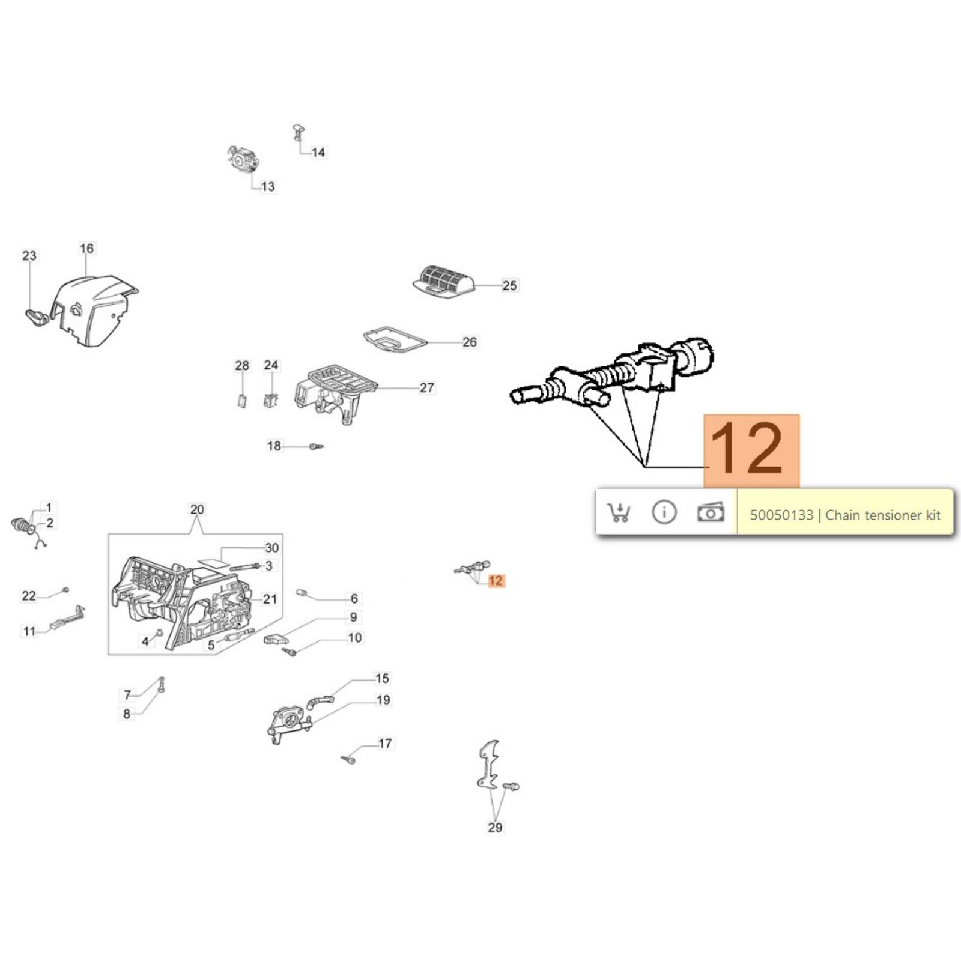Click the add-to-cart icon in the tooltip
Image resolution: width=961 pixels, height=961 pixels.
coord(619,512)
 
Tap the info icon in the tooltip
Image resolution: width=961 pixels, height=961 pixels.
coord(664,512)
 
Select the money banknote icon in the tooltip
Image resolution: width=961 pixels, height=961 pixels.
coord(710,512)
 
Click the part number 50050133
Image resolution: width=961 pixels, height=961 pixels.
coord(781,515)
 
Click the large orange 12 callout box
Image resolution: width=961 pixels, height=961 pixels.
coord(751,450)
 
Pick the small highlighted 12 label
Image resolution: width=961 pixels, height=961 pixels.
coord(496,581)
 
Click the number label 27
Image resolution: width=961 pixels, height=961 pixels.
coord(427,388)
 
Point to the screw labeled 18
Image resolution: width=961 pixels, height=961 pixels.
coord(316,446)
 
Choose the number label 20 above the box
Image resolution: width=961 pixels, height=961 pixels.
coord(197,509)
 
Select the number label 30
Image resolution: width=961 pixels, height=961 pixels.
coord(272,548)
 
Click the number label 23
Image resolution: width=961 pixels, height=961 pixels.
coord(29,256)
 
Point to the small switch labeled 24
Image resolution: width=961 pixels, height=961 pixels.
coord(271,399)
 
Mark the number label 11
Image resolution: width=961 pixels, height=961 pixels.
coord(29,631)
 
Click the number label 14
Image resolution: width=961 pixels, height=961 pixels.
coord(318,153)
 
